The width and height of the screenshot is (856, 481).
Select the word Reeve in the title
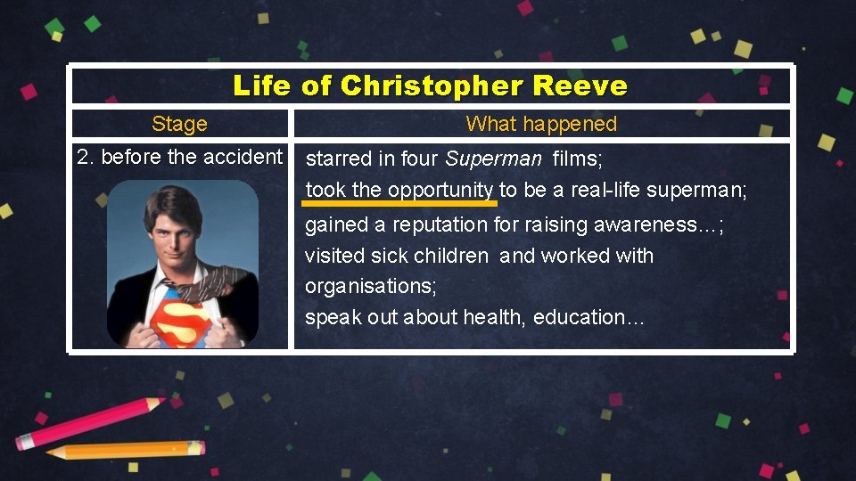click(580, 86)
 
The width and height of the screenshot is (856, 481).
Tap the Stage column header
click(179, 124)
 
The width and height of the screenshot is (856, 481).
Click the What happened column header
click(541, 124)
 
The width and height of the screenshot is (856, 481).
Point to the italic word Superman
click(493, 159)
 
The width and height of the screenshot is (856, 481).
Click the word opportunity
click(440, 190)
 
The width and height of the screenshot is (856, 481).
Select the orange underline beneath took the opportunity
click(401, 204)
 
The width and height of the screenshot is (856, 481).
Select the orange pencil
click(125, 450)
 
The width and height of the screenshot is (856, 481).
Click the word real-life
click(598, 190)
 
